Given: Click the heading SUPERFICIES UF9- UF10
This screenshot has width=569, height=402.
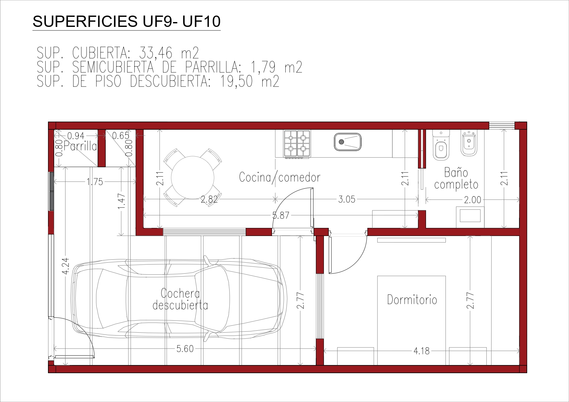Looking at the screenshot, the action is (x=126, y=21).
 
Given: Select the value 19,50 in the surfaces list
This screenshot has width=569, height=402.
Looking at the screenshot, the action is (x=236, y=81).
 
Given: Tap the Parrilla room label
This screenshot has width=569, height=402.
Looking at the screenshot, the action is (x=80, y=147).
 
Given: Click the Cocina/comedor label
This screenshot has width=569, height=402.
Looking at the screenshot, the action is (x=279, y=177).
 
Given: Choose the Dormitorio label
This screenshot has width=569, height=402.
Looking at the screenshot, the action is (x=412, y=299).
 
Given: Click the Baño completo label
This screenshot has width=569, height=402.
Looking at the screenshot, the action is (x=456, y=178).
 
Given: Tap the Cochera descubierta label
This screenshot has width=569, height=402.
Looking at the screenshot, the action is (x=180, y=299).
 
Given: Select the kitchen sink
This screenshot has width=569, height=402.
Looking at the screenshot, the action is (x=348, y=142).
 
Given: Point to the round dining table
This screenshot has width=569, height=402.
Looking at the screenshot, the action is (x=193, y=177).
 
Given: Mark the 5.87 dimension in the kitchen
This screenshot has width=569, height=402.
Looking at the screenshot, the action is (x=281, y=215).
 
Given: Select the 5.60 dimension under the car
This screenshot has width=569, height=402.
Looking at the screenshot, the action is (x=185, y=349).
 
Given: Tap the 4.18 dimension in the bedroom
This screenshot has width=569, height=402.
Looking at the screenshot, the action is (x=421, y=351).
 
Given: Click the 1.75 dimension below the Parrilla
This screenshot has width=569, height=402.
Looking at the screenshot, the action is (x=95, y=182).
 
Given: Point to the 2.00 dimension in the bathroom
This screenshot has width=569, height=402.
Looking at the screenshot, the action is (x=472, y=200).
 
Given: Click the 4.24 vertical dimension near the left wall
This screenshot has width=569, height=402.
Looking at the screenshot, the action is (x=65, y=266).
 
